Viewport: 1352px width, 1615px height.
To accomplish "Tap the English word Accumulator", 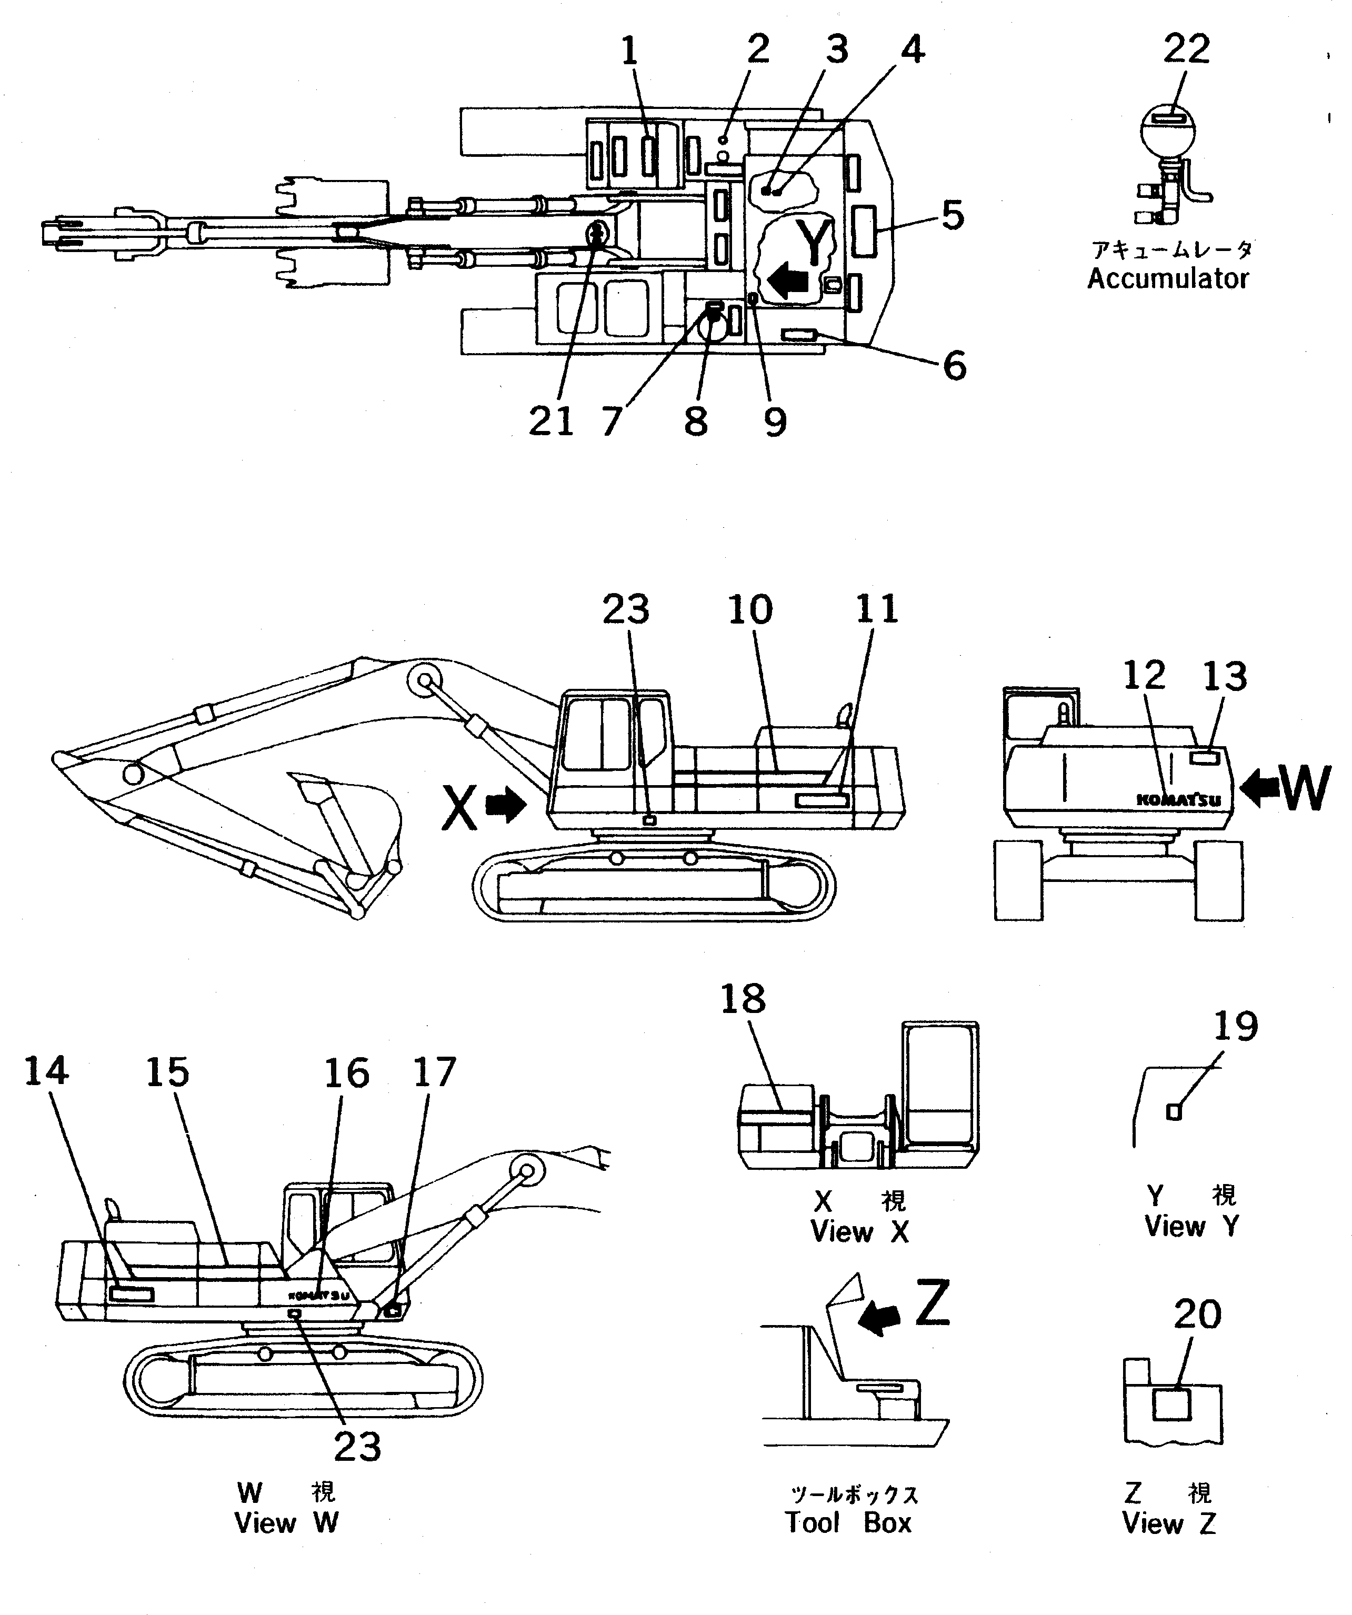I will [x=1167, y=278].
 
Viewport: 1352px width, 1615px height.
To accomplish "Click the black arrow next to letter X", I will [x=507, y=807].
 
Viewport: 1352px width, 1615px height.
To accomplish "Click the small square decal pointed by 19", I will [x=1174, y=1112].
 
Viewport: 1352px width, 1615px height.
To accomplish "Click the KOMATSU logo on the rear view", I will [x=1178, y=800].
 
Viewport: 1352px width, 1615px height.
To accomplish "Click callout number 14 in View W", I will [x=46, y=1071].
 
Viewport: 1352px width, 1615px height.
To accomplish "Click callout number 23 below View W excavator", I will [x=358, y=1447].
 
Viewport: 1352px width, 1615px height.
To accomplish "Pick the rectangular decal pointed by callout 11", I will [x=822, y=802].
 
